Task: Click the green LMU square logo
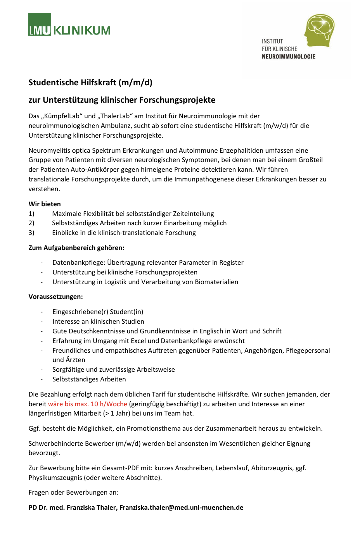[40, 24]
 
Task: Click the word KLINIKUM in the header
[82, 31]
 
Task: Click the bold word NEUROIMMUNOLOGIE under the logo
[288, 57]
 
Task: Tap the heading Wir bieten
[45, 204]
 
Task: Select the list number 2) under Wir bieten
[31, 223]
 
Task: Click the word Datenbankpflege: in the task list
[79, 262]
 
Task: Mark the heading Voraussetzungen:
[55, 297]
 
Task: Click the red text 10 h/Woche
[109, 404]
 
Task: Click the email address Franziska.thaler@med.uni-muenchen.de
[181, 507]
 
